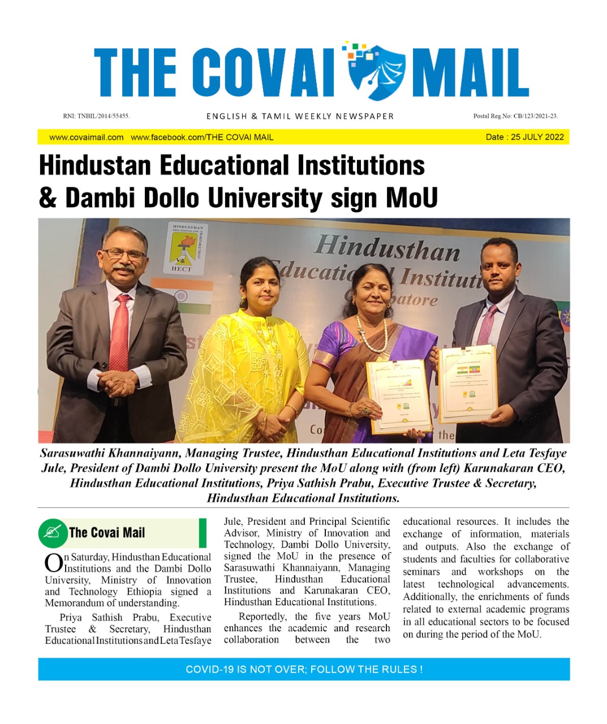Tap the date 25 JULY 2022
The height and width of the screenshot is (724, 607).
[x=537, y=137]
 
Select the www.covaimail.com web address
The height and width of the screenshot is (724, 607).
[x=86, y=137]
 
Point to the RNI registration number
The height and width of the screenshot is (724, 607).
[x=96, y=116]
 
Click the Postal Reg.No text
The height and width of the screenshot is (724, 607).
[x=515, y=116]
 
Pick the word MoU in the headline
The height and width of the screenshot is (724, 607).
[x=411, y=197]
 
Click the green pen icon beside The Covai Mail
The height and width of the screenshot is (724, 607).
[x=53, y=533]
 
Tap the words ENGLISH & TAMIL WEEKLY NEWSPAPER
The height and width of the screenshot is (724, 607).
[x=300, y=116]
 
